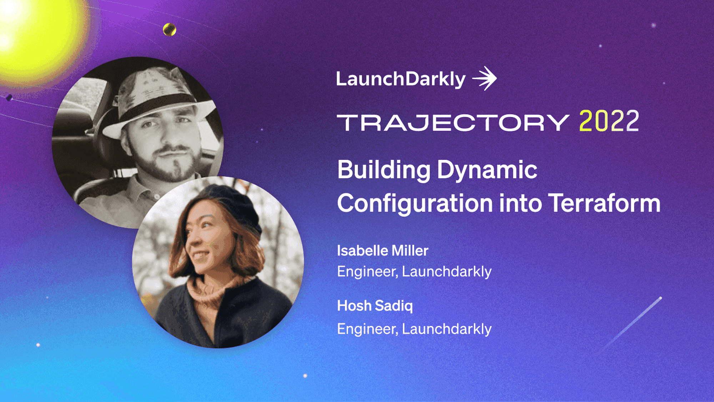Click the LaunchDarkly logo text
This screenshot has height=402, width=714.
pyautogui.click(x=401, y=79)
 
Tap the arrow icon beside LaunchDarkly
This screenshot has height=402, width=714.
pyautogui.click(x=485, y=78)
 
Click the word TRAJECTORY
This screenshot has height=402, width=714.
pyautogui.click(x=453, y=123)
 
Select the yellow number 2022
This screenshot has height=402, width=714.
pyautogui.click(x=609, y=121)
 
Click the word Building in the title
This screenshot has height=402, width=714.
pyautogui.click(x=384, y=170)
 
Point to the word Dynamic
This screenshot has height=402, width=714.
pyautogui.click(x=487, y=170)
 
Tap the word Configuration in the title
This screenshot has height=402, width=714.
pyautogui.click(x=415, y=204)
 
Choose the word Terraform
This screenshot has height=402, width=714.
pyautogui.click(x=604, y=203)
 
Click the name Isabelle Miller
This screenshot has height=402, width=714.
pyautogui.click(x=383, y=251)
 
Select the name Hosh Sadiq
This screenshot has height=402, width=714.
pyautogui.click(x=375, y=306)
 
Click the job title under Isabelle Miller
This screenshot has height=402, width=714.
pyautogui.click(x=414, y=272)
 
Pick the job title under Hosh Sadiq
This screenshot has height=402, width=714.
pyautogui.click(x=414, y=329)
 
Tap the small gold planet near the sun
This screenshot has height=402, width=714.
pyautogui.click(x=170, y=30)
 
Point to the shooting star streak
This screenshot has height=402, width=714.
pyautogui.click(x=630, y=325)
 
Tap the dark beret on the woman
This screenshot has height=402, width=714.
pyautogui.click(x=234, y=207)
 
